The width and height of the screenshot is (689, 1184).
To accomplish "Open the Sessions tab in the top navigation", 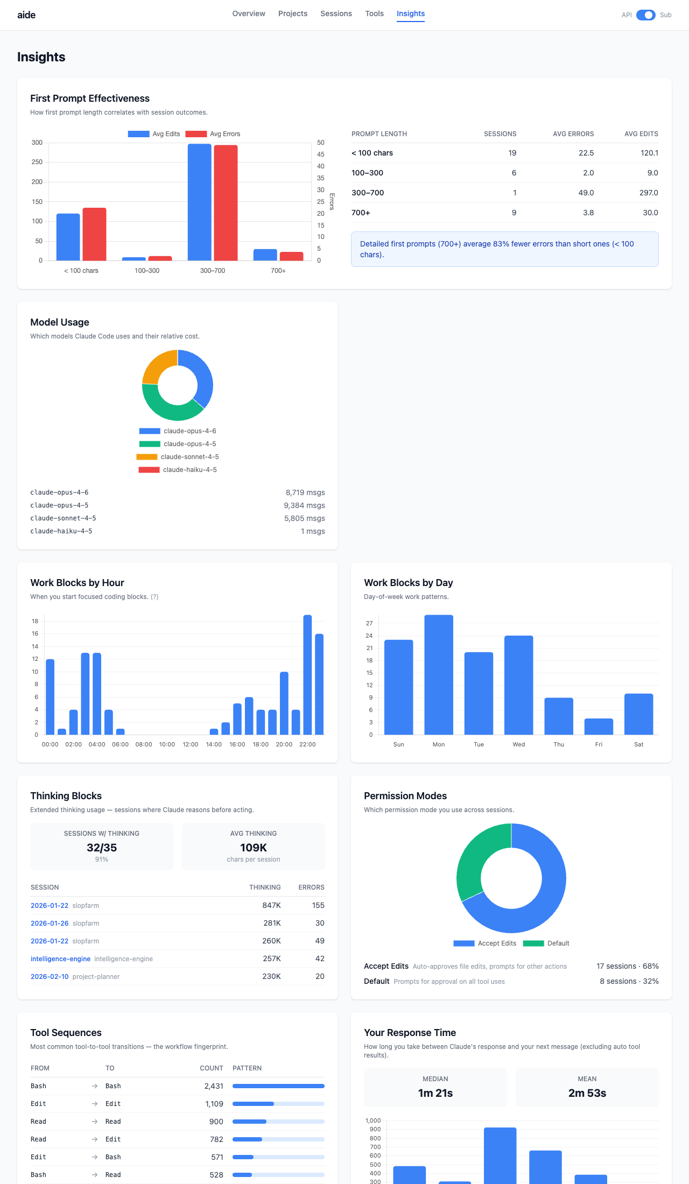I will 336,13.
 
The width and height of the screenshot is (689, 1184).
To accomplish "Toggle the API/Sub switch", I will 645,15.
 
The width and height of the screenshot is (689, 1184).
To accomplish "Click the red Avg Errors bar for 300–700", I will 226,203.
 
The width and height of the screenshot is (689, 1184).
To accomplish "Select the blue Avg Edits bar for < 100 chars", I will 68,237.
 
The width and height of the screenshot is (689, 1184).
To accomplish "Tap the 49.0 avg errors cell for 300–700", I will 586,193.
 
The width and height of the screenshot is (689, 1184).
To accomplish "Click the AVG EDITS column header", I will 641,134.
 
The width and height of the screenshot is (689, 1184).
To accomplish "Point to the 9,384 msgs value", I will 304,505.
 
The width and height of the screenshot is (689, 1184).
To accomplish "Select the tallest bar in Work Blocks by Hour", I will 307,675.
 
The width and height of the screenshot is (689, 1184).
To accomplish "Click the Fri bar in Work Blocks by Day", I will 599,727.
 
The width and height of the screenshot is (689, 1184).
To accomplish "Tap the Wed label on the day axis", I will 518,744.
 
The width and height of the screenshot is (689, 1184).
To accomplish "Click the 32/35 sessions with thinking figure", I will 102,848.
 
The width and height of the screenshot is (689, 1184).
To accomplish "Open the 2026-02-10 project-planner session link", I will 50,976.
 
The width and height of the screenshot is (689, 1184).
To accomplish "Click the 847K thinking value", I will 271,905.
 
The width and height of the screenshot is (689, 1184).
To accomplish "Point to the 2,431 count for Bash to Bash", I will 214,1086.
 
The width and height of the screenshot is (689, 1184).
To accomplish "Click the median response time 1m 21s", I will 435,1093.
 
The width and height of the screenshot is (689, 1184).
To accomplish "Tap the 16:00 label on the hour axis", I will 237,744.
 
